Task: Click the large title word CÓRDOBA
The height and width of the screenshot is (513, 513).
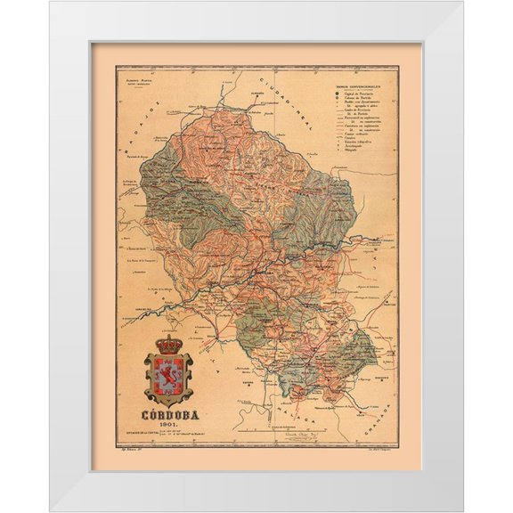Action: (x=170, y=415)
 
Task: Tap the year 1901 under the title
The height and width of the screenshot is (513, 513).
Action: (x=170, y=426)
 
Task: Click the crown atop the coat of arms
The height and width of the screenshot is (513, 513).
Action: (x=168, y=345)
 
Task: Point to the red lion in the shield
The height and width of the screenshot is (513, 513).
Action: (x=168, y=376)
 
